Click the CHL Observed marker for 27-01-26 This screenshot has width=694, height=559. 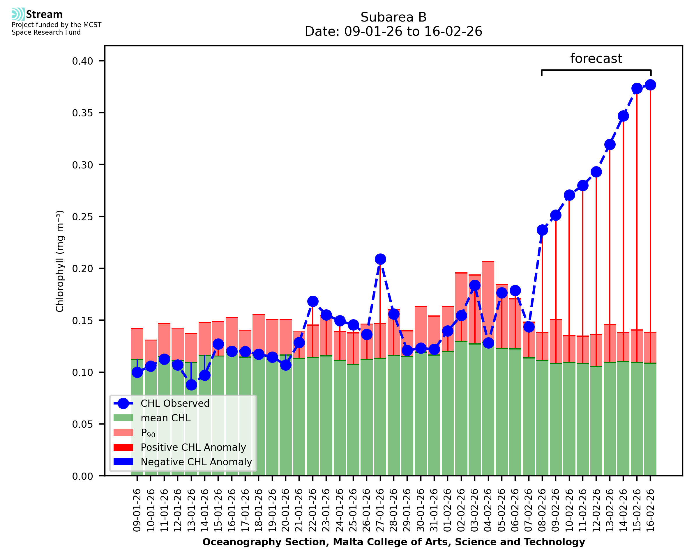pos(380,259)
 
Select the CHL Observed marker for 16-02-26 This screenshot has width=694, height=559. pos(650,85)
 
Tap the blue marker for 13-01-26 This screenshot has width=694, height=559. pos(191,385)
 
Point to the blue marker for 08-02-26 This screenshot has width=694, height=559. pos(542,230)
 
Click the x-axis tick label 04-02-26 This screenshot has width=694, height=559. pos(488,510)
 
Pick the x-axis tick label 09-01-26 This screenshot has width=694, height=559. pos(137,510)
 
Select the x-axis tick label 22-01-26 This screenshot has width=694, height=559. pos(313,510)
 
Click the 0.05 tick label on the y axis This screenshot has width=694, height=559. pos(82,424)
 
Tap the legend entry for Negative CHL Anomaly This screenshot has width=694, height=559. pos(196,462)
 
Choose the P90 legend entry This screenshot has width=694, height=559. pos(148,433)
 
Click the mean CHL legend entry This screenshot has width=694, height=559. pos(166,418)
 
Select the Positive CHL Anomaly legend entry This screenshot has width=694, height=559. pos(193,447)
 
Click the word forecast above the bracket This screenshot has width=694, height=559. pos(596,58)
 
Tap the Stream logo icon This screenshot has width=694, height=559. pos(18,14)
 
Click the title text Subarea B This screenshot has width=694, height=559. pos(393,17)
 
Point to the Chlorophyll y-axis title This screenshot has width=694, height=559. pos(60,261)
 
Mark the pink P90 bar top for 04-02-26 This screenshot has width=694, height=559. pos(488,262)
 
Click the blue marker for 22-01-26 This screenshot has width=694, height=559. pos(313,301)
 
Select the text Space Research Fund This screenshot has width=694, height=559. pos(46,33)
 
